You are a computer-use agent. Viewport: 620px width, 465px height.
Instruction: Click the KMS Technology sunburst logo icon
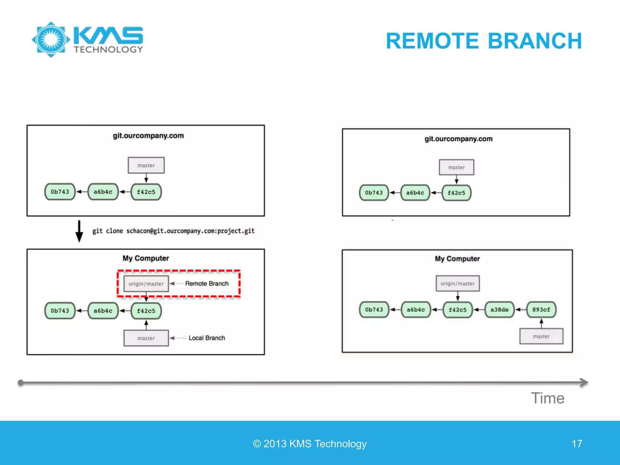tap(51, 40)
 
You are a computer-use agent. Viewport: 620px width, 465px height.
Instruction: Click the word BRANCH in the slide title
tap(535, 41)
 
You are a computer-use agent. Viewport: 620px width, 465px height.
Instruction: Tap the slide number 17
tap(577, 444)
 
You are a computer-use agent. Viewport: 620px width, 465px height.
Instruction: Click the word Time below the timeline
tap(547, 398)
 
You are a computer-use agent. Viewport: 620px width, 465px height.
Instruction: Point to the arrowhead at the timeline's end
tap(584, 382)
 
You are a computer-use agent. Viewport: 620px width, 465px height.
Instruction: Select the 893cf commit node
tap(541, 309)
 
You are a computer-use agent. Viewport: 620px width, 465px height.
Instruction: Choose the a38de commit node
tap(499, 309)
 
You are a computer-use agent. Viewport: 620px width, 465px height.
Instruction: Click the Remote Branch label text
tap(207, 284)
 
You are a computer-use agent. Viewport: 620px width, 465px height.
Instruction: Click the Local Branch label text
tap(207, 338)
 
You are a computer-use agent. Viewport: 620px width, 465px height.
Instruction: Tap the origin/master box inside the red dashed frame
tap(146, 284)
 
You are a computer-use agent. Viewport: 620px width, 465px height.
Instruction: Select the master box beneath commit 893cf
tap(541, 336)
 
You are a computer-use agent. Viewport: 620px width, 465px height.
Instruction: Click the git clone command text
tap(173, 231)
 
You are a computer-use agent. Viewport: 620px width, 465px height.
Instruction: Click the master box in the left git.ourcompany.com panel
tap(146, 165)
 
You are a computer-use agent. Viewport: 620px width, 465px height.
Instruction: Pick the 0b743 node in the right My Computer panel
tap(374, 309)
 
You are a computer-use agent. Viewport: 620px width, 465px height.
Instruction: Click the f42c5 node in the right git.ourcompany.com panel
tap(456, 193)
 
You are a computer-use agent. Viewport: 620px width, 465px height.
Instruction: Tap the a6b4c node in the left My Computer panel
tap(103, 311)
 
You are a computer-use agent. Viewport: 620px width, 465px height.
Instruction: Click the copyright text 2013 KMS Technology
tap(310, 444)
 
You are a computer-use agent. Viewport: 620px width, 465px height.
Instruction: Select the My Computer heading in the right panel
tap(457, 259)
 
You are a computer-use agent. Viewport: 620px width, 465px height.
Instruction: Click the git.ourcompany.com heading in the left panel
tap(148, 136)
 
